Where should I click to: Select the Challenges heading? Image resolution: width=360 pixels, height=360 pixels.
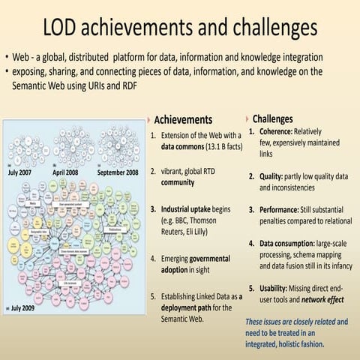pos(273,118)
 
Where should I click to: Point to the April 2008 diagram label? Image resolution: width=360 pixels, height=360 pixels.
pos(68,172)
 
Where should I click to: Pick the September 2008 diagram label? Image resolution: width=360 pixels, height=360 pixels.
pos(117,172)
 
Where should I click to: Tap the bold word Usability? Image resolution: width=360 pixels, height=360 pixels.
pos(272,289)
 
